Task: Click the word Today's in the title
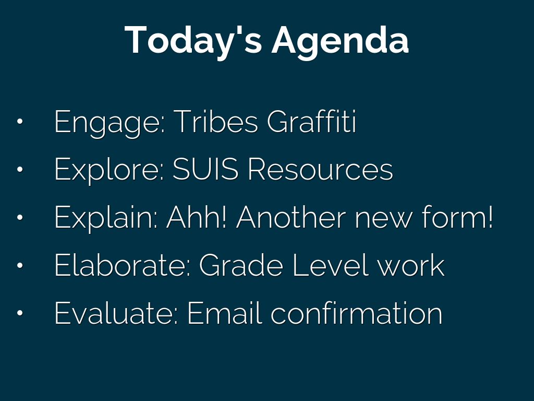[193, 40]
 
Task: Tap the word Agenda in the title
[340, 41]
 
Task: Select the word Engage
[110, 122]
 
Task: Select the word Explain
[106, 218]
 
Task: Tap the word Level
[331, 265]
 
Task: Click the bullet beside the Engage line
[20, 121]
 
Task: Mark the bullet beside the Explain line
[20, 217]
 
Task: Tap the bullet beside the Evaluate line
[20, 312]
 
